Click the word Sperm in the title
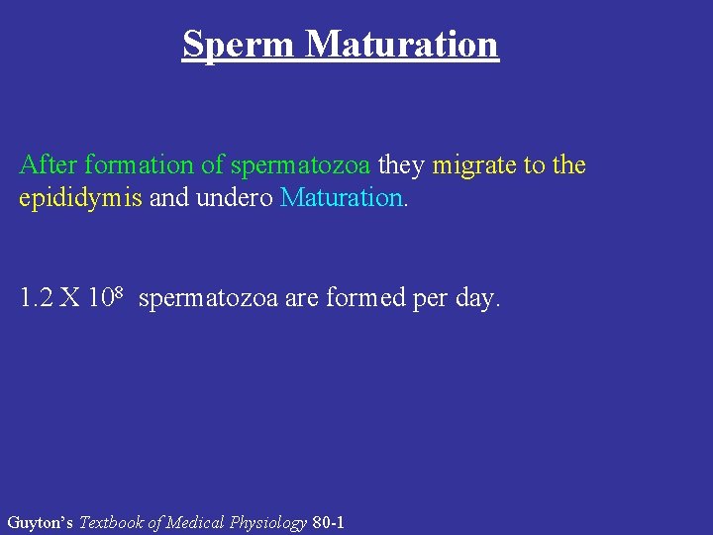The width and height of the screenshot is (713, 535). (239, 45)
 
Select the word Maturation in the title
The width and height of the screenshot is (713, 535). (402, 45)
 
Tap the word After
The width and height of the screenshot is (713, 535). (47, 164)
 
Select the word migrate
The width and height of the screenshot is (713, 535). (473, 165)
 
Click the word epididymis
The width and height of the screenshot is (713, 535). (81, 197)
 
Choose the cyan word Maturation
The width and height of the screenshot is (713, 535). (342, 197)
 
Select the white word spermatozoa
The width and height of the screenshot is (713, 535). (209, 298)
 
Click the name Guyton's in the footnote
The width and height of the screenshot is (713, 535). (40, 521)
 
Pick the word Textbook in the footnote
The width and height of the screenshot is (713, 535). (111, 521)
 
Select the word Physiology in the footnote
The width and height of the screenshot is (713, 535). (268, 521)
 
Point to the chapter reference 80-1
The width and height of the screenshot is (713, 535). (328, 521)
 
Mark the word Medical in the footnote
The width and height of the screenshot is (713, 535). (196, 521)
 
